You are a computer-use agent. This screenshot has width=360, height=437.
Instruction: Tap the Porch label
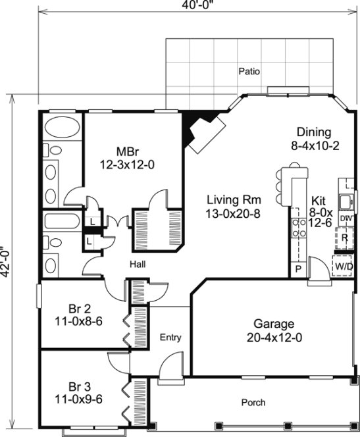[252, 402]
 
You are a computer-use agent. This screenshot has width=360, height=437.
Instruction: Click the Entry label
[170, 338]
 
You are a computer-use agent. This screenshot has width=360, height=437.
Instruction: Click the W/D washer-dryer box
[344, 265]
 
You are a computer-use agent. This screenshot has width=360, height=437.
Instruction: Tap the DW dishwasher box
[346, 218]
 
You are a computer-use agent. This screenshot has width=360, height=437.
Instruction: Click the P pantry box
[297, 269]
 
